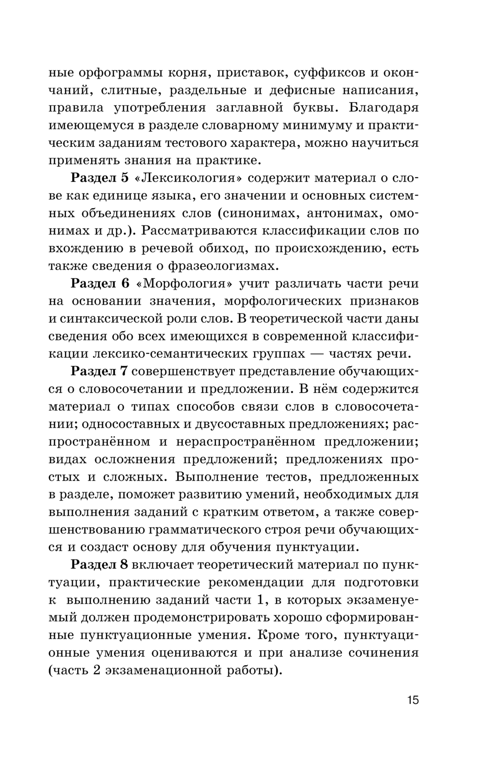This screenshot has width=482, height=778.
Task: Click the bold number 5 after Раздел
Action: pos(125,178)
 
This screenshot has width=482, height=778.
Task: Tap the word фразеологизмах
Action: pos(224,266)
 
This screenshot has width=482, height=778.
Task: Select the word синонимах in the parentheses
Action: pos(258,213)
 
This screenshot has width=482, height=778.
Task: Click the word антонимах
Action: pos(342,213)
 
